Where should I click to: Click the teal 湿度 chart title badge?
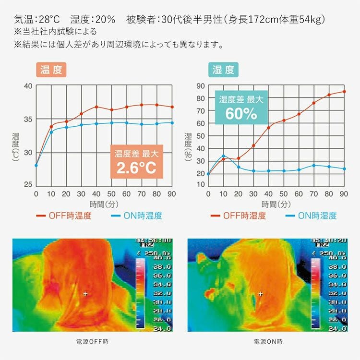tap(223, 70)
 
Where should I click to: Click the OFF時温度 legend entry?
tap(65, 216)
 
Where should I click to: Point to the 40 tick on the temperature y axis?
tap(27, 86)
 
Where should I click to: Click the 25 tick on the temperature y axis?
tap(27, 185)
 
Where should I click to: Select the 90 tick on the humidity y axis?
tap(201, 86)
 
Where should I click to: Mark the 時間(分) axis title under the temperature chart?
tap(104, 204)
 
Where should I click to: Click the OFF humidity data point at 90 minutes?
tap(344, 91)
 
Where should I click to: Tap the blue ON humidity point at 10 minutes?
tap(223, 156)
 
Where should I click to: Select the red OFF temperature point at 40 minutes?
tap(96, 107)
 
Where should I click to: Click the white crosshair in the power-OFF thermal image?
tap(85, 293)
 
